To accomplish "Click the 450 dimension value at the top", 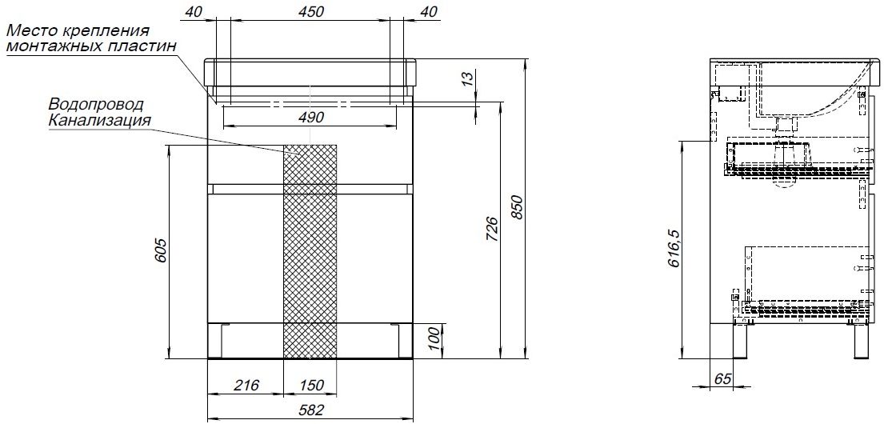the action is click(310, 12).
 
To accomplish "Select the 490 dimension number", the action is click(310, 118).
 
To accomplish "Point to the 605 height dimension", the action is click(159, 251).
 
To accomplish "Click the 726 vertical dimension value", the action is click(491, 229).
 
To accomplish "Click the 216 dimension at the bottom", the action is click(246, 385).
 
